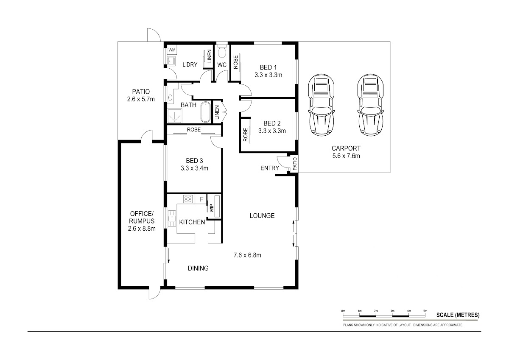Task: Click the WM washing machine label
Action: click(x=172, y=50)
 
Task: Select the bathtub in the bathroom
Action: click(x=206, y=112)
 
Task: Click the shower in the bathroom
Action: click(x=174, y=116)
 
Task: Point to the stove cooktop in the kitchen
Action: click(x=188, y=199)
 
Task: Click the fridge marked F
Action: click(x=201, y=199)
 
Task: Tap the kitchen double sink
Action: click(x=172, y=218)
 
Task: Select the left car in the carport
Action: click(x=322, y=105)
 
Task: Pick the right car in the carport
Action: click(x=371, y=105)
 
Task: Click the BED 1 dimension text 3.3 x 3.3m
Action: click(x=268, y=75)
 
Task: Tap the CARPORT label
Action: click(x=346, y=148)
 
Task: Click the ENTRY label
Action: click(x=270, y=168)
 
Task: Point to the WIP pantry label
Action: click(x=212, y=208)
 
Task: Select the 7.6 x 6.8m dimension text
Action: click(x=247, y=255)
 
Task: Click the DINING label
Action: click(x=198, y=268)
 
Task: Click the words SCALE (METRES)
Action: click(x=458, y=315)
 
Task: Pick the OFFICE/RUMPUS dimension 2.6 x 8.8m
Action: click(x=142, y=229)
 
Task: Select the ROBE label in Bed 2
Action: click(x=246, y=135)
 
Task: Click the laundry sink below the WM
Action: click(x=171, y=61)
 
